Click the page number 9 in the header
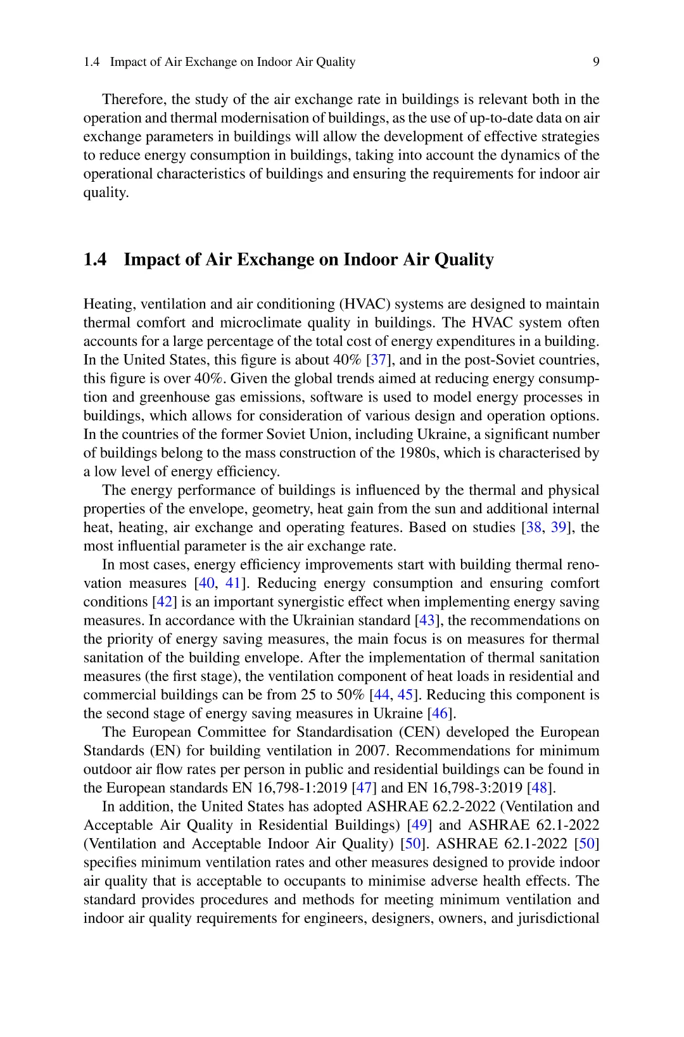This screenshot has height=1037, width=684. (x=596, y=62)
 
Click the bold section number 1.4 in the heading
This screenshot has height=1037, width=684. (x=95, y=260)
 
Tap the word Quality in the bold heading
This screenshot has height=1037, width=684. (x=465, y=260)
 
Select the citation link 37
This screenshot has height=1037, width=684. (x=378, y=360)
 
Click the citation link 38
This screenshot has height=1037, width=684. (x=533, y=528)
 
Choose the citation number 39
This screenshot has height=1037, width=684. (x=559, y=528)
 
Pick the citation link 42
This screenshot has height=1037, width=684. (x=164, y=602)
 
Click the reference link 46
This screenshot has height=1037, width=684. (x=440, y=713)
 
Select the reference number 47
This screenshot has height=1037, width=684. (x=364, y=788)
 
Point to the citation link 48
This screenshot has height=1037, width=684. (x=540, y=788)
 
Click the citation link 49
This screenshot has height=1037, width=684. (x=419, y=825)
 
